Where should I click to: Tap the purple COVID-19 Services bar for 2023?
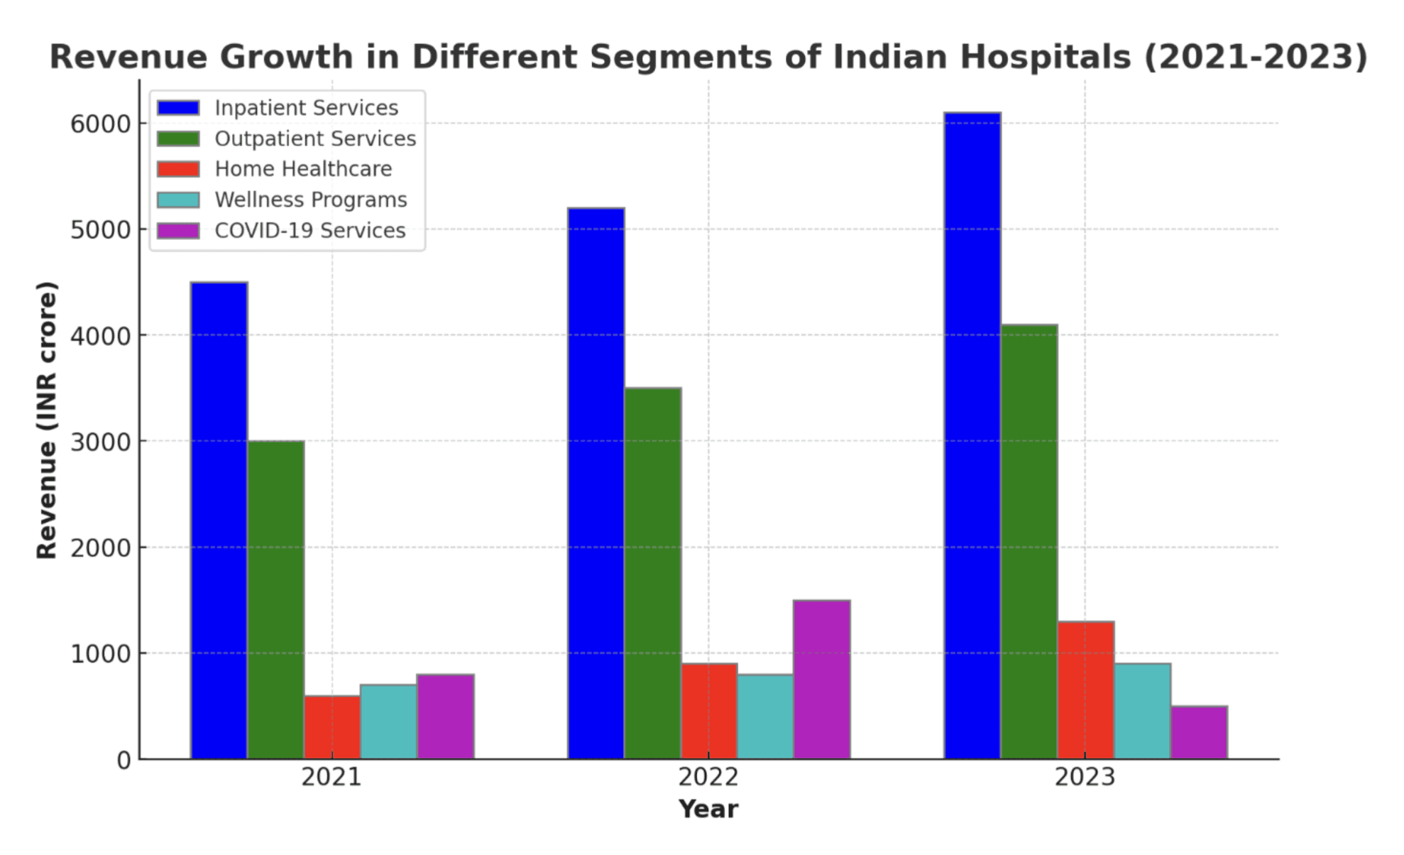(1199, 732)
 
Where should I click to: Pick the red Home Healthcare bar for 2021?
(332, 727)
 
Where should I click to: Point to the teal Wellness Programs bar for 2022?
(765, 717)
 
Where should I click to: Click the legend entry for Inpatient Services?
(306, 108)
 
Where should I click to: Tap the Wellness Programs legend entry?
(310, 200)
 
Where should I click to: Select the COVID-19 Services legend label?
(310, 231)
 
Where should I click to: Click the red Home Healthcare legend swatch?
(178, 169)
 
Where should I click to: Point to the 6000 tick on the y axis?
(100, 124)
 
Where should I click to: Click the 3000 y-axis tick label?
(100, 442)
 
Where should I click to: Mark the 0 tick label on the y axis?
(124, 761)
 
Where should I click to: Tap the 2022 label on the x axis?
(708, 778)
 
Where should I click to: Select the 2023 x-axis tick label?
(1085, 778)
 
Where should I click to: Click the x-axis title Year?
(708, 810)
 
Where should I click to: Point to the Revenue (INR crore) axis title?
(47, 420)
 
